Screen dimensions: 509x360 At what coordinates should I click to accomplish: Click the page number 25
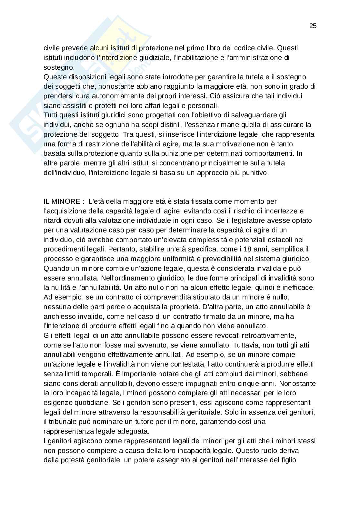coord(313,26)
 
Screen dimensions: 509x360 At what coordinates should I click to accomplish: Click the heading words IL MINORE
coord(62,201)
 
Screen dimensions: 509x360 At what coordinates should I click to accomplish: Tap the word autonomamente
coord(113,96)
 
